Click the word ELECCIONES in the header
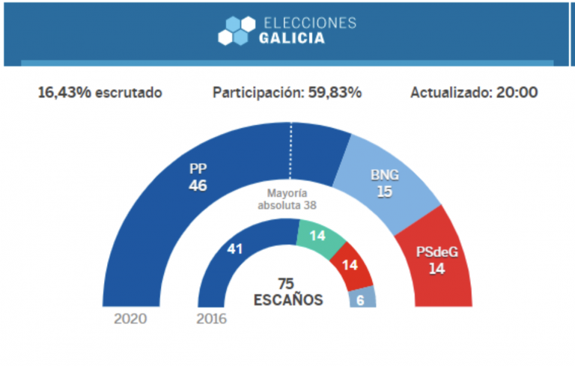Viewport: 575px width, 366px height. point(308,23)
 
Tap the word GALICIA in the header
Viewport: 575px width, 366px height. point(292,39)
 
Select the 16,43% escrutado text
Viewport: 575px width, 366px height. point(100,93)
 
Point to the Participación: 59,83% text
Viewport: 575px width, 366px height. point(287,93)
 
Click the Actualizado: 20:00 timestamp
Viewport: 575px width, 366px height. point(474,93)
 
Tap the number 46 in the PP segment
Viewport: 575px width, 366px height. point(198,186)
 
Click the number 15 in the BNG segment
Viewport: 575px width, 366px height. point(385,192)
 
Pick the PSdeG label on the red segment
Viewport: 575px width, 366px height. point(436,252)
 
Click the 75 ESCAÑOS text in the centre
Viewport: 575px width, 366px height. point(287,292)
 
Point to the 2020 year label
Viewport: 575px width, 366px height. point(130,318)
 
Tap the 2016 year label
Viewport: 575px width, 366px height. point(211,318)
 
